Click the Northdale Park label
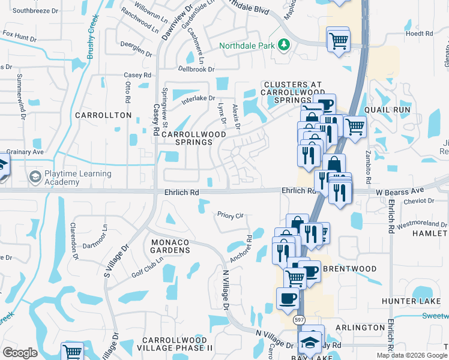pos(246,46)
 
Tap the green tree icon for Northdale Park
pos(283,45)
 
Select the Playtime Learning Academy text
pos(78,178)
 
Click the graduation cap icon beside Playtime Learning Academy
pos(34,178)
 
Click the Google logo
pos(20,352)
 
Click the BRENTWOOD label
pos(350,269)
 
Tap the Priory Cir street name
pos(230,214)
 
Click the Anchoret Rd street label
pos(241,247)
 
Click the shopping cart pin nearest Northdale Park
pos(339,40)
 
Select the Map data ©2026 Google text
pos(412,355)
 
